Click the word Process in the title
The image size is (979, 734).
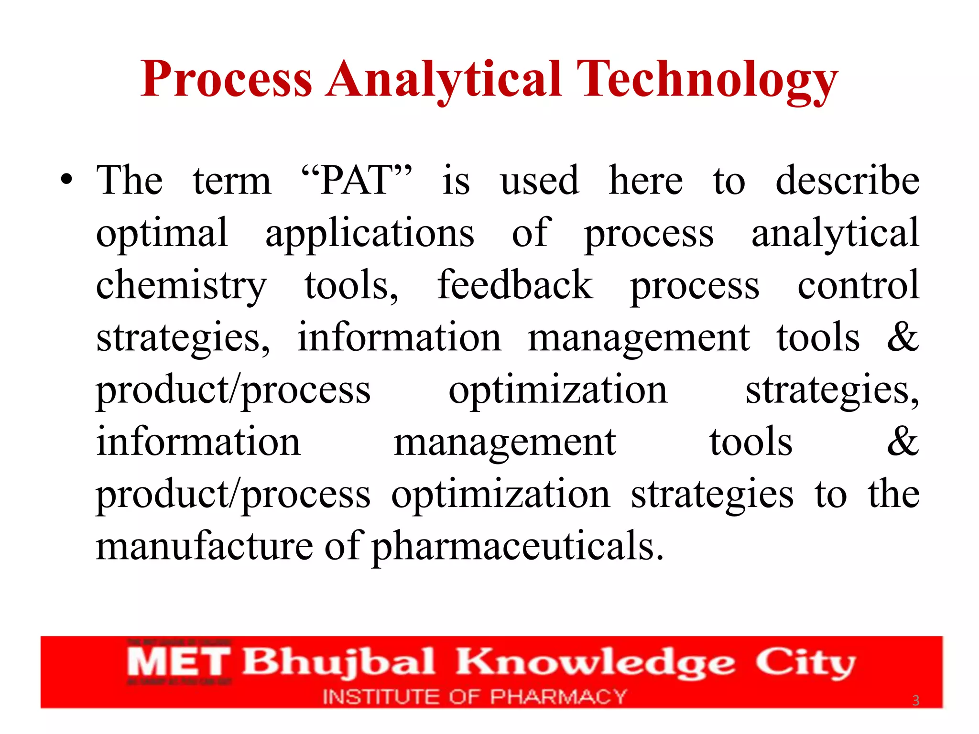click(226, 79)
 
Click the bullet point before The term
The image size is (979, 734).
click(66, 180)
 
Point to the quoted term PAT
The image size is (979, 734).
click(357, 180)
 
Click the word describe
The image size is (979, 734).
click(847, 180)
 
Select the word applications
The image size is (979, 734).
click(370, 233)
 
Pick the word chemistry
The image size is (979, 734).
click(181, 285)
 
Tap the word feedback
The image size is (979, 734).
click(515, 285)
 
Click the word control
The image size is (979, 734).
click(858, 285)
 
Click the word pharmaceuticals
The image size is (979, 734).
click(518, 546)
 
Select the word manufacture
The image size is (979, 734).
click(204, 546)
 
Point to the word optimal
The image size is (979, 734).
click(162, 233)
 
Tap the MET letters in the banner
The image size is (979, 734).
click(178, 662)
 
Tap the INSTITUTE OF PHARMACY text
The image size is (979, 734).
click(474, 697)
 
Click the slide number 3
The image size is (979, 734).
click(915, 701)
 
